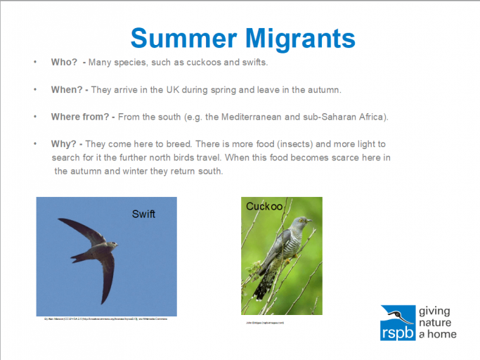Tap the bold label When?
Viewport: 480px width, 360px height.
(67, 90)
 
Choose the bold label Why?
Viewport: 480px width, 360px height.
(63, 144)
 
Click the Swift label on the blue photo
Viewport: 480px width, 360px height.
(143, 214)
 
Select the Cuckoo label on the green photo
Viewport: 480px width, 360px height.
(264, 207)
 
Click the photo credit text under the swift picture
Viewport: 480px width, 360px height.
(106, 319)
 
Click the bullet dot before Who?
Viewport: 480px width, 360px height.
(35, 63)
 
